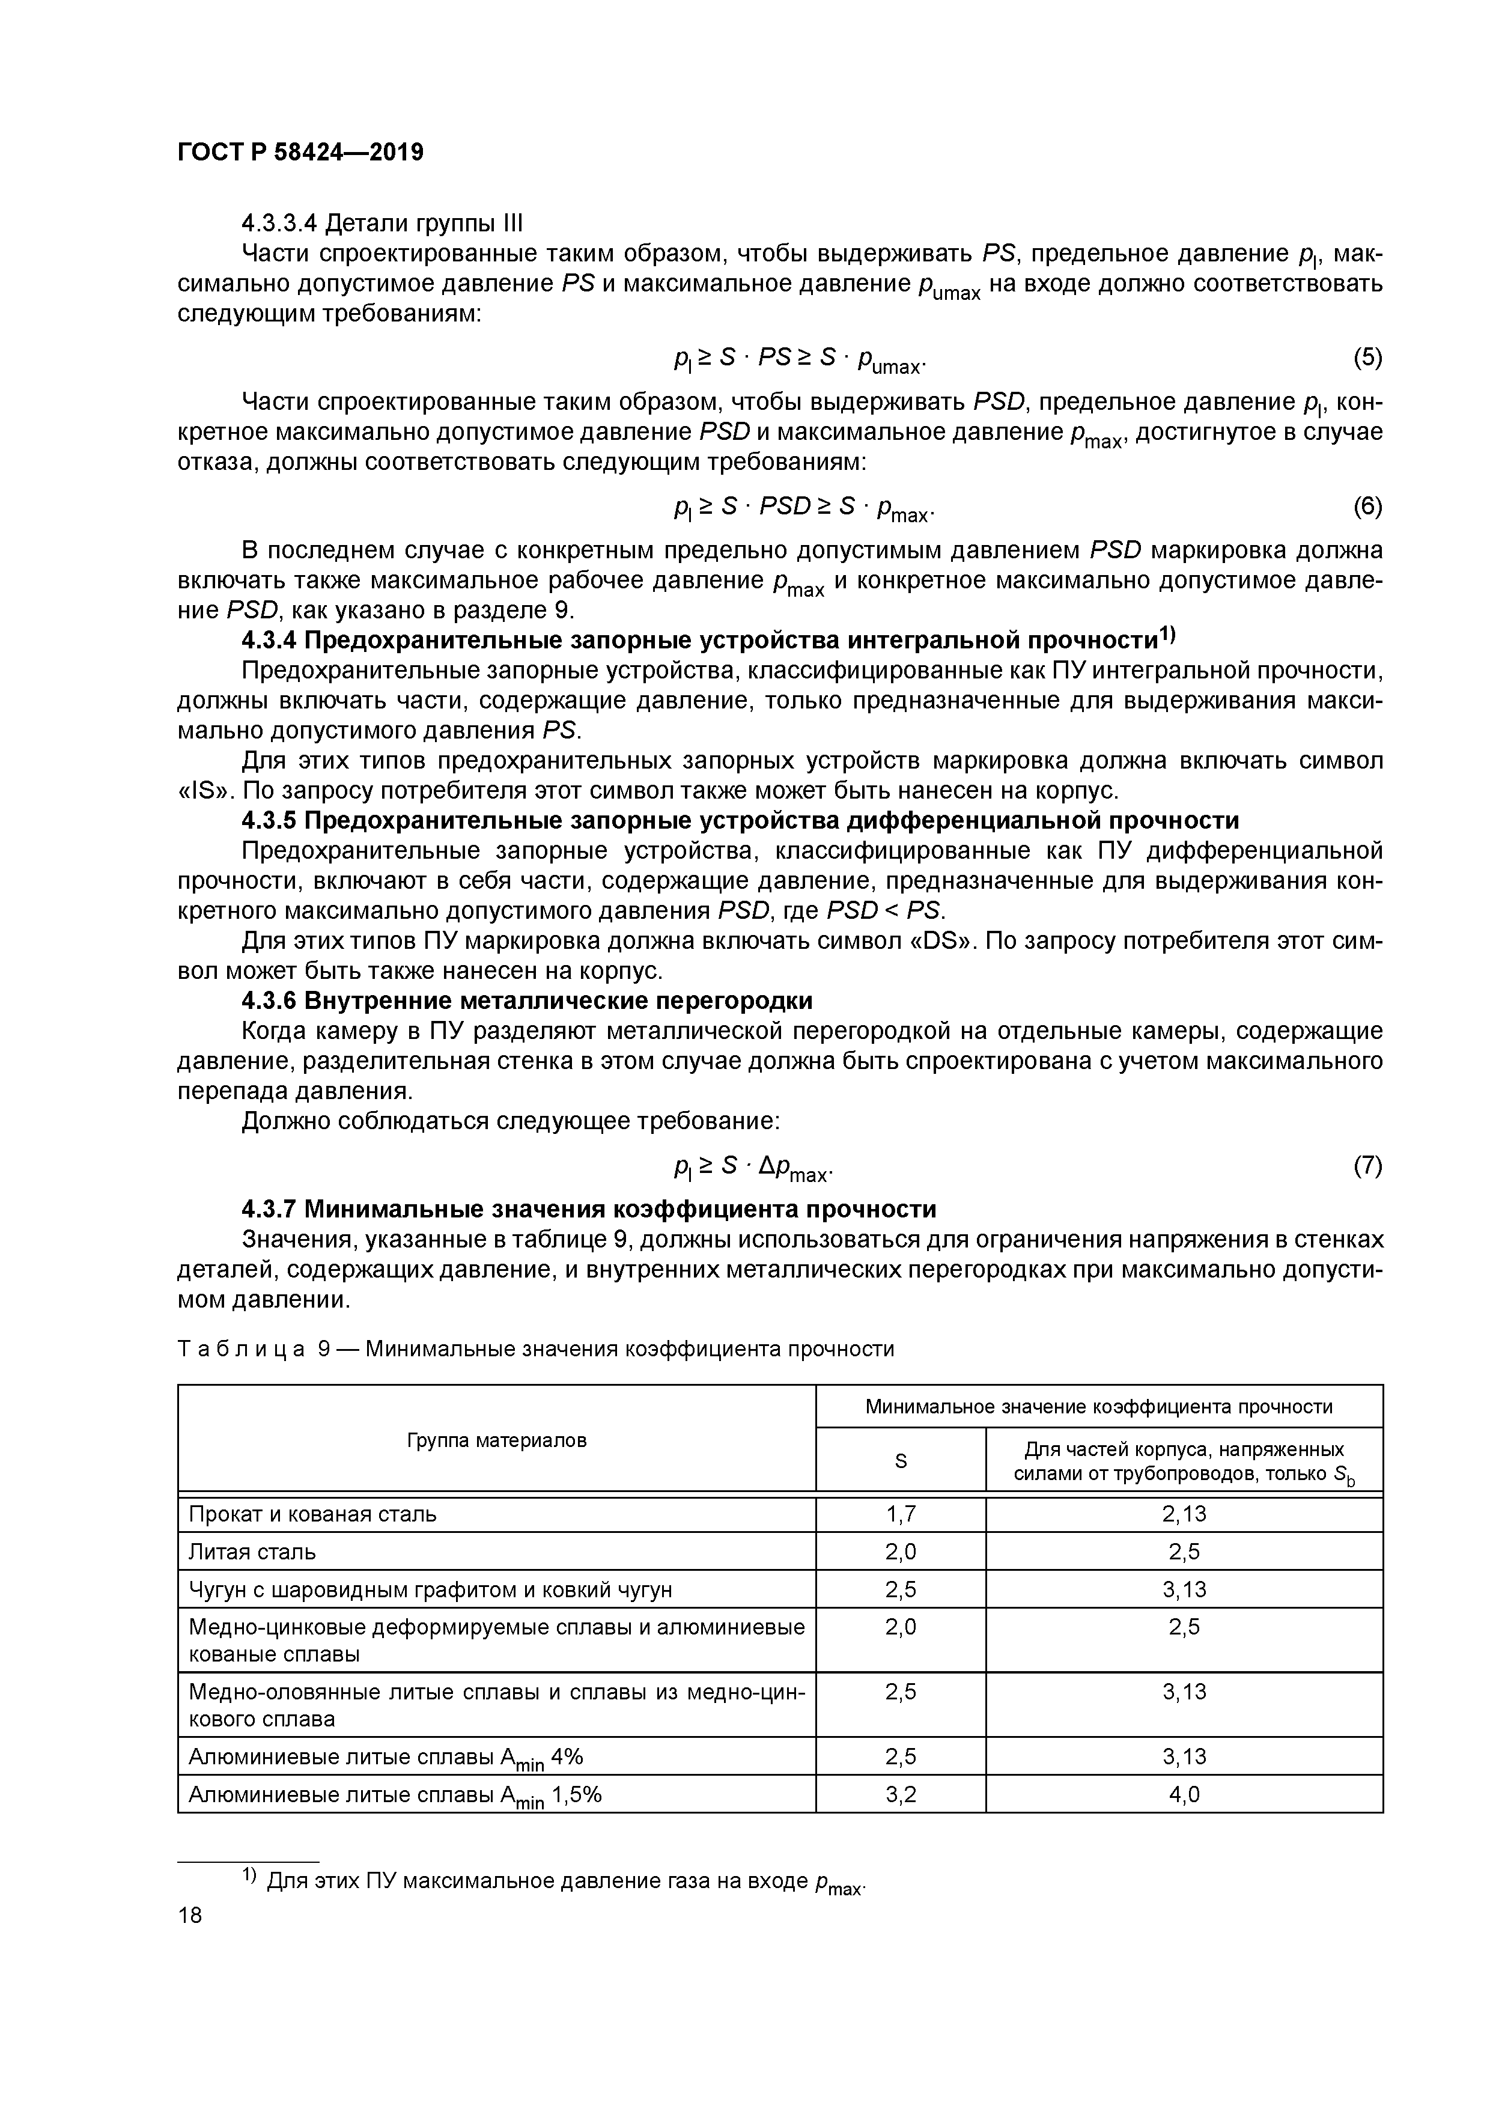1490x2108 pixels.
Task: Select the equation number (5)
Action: point(1367,357)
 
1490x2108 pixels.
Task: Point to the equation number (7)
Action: point(1367,1165)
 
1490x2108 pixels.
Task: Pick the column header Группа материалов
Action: point(497,1440)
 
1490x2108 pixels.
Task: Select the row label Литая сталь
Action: point(252,1552)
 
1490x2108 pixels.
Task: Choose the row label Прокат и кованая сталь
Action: point(312,1514)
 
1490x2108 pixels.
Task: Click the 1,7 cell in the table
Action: point(901,1514)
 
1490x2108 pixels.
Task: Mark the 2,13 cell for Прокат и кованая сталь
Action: point(1184,1514)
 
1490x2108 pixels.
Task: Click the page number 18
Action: point(189,1915)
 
